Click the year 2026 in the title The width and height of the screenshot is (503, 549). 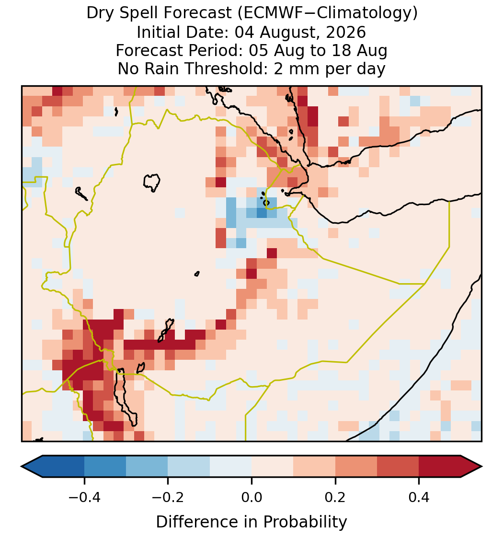[346, 32]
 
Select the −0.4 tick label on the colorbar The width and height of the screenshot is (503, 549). [84, 497]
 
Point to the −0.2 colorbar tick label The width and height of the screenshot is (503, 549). [168, 497]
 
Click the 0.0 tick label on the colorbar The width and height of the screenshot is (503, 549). [251, 497]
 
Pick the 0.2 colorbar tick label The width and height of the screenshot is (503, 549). [335, 497]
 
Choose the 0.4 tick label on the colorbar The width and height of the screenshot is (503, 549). [419, 497]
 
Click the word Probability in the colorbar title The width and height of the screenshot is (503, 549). [305, 522]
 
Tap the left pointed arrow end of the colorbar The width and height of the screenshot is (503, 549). [22, 467]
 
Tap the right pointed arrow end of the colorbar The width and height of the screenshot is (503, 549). [481, 467]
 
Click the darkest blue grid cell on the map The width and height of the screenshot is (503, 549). [262, 213]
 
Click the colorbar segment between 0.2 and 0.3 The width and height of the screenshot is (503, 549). [356, 467]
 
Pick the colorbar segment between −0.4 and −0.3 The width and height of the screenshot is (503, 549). [105, 467]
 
